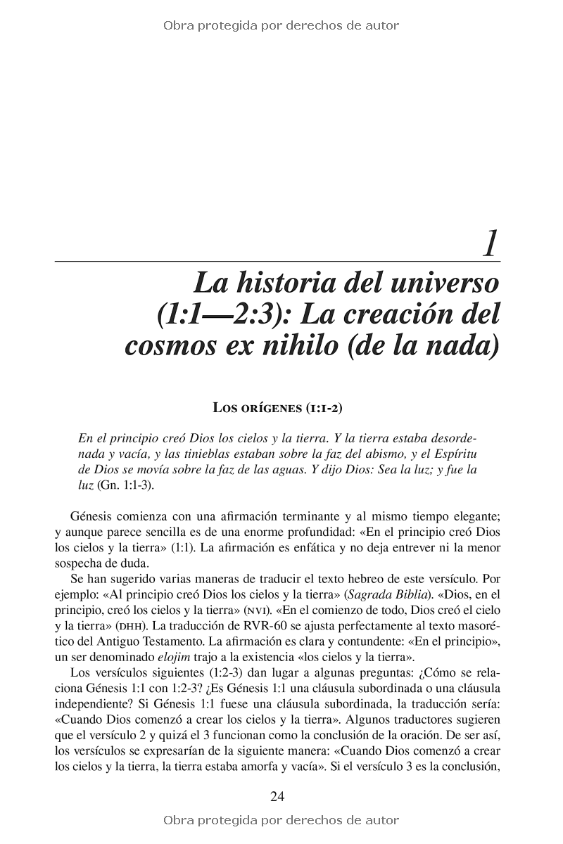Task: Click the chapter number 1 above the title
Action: coord(490,243)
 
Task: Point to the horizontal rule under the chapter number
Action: coord(277,261)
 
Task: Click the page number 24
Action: coord(277,796)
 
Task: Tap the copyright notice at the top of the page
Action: coord(281,26)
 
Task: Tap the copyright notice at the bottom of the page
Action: coord(281,820)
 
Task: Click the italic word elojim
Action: coord(163,657)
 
